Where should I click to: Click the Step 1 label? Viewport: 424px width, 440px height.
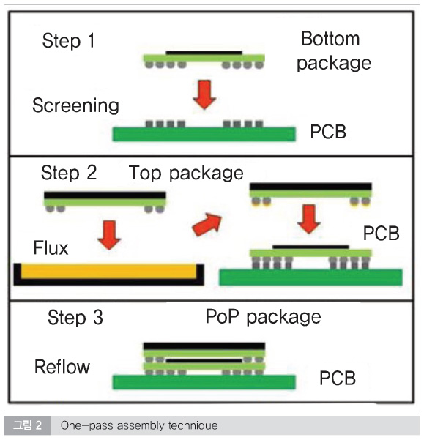[x=68, y=41]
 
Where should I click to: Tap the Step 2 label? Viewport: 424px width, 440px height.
[x=69, y=172]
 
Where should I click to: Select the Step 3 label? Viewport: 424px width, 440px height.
[x=75, y=318]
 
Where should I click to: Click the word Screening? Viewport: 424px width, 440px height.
[x=75, y=106]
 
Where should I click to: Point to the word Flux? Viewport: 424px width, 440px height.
[x=51, y=247]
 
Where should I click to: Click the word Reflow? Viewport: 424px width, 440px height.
[x=62, y=367]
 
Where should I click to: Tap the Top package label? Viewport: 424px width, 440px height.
[x=186, y=173]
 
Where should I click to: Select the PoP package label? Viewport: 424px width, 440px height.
[x=263, y=318]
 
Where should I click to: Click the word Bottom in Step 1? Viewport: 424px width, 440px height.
[x=330, y=39]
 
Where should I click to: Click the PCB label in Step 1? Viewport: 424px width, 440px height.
[x=328, y=131]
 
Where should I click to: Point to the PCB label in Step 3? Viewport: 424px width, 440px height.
[x=338, y=378]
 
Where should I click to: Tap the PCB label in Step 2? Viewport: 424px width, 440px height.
[x=381, y=234]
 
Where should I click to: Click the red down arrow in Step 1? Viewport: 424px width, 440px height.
[x=204, y=94]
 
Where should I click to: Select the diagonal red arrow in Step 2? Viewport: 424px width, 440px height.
[x=207, y=224]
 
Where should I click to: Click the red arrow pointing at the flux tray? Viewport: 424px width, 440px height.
[x=109, y=235]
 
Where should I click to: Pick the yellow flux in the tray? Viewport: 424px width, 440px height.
[x=108, y=271]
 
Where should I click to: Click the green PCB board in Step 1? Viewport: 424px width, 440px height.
[x=204, y=134]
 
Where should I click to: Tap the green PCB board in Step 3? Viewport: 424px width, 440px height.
[x=204, y=382]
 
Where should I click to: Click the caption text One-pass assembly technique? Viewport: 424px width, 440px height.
[x=139, y=425]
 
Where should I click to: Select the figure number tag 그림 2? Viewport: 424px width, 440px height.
[x=28, y=425]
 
